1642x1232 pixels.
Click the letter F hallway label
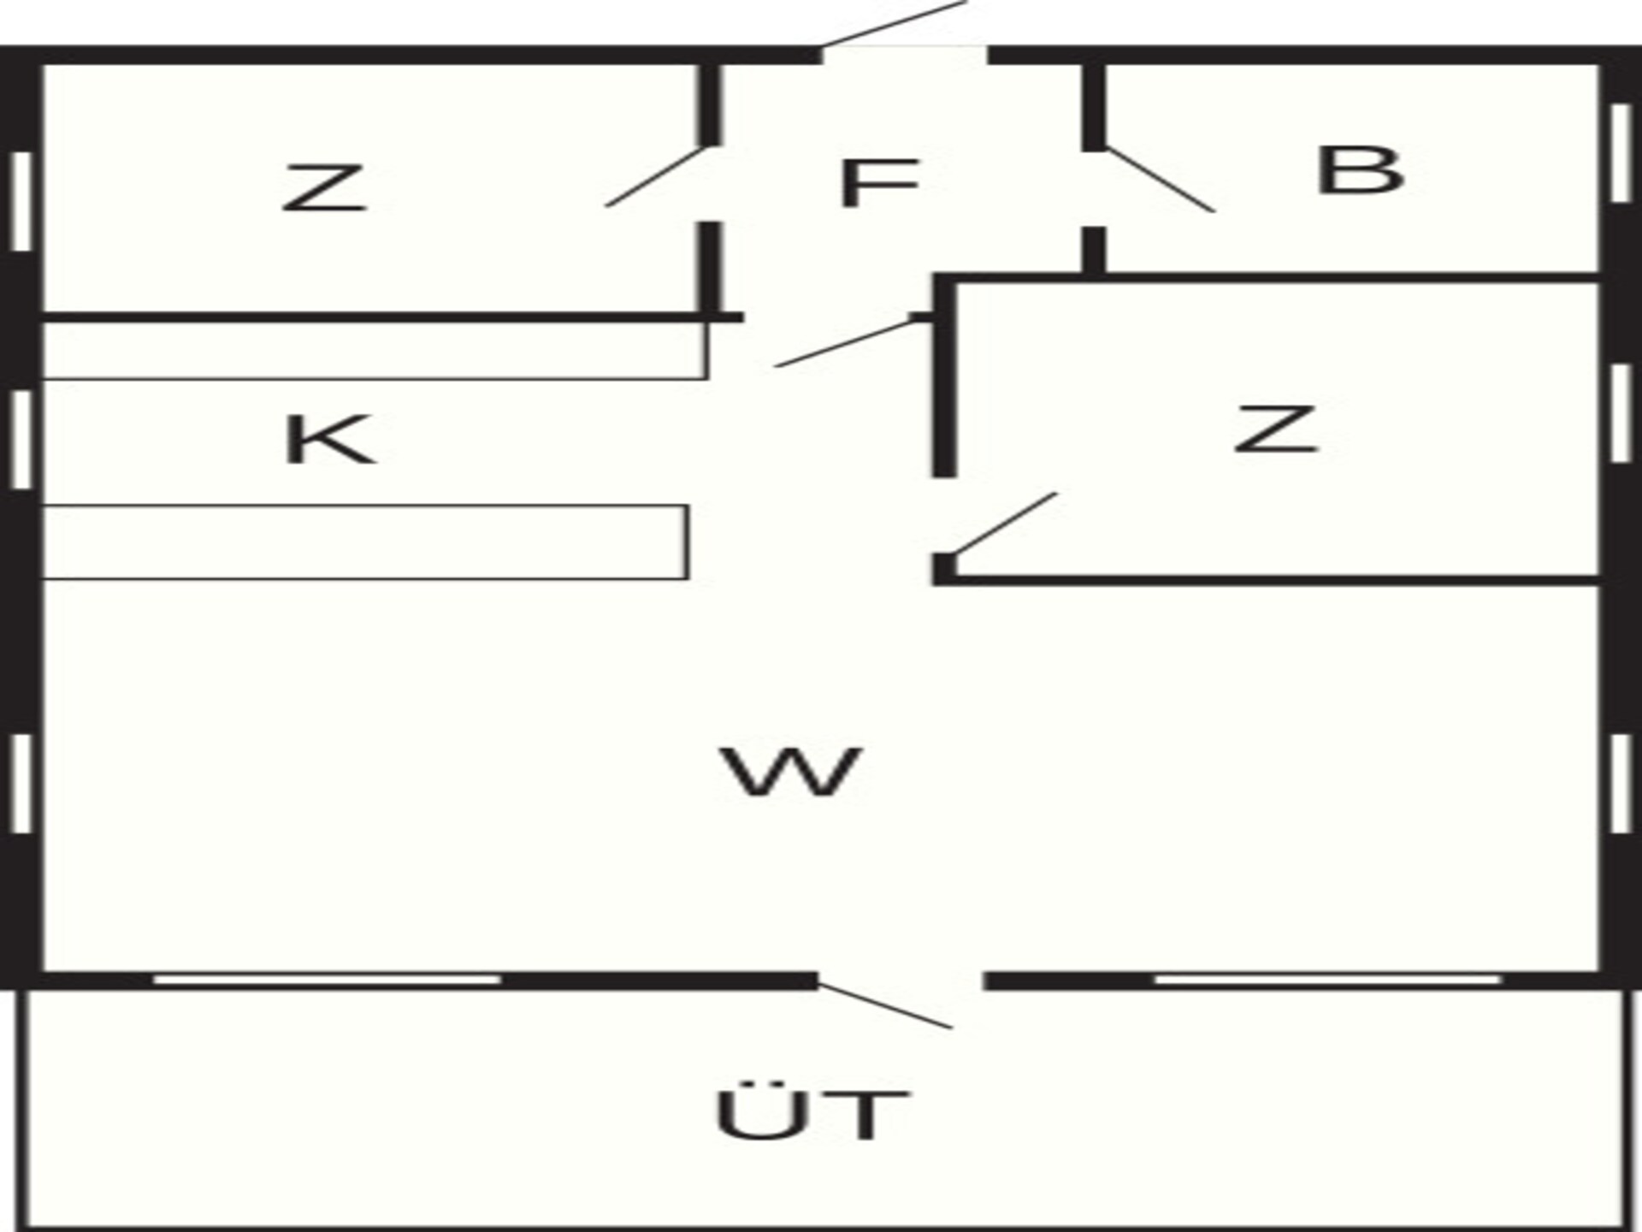tap(879, 183)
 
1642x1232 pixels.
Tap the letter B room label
tap(1360, 171)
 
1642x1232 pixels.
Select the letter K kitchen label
tap(328, 439)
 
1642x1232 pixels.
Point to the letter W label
tap(791, 772)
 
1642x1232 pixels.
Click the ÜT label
tap(811, 1114)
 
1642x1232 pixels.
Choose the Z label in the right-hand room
tap(1275, 429)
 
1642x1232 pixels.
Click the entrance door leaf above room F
tap(893, 23)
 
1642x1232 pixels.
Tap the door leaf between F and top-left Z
tap(656, 176)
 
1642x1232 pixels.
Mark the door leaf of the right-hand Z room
tap(1006, 524)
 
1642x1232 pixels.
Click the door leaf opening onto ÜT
tap(885, 1006)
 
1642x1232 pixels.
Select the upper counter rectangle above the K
tap(375, 351)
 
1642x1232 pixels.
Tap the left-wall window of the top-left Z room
tap(22, 202)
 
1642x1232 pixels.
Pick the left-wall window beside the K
tap(22, 440)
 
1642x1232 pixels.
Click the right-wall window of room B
tap(1620, 153)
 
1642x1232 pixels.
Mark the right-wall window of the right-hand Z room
tap(1620, 414)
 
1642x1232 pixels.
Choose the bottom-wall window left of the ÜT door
tap(328, 980)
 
